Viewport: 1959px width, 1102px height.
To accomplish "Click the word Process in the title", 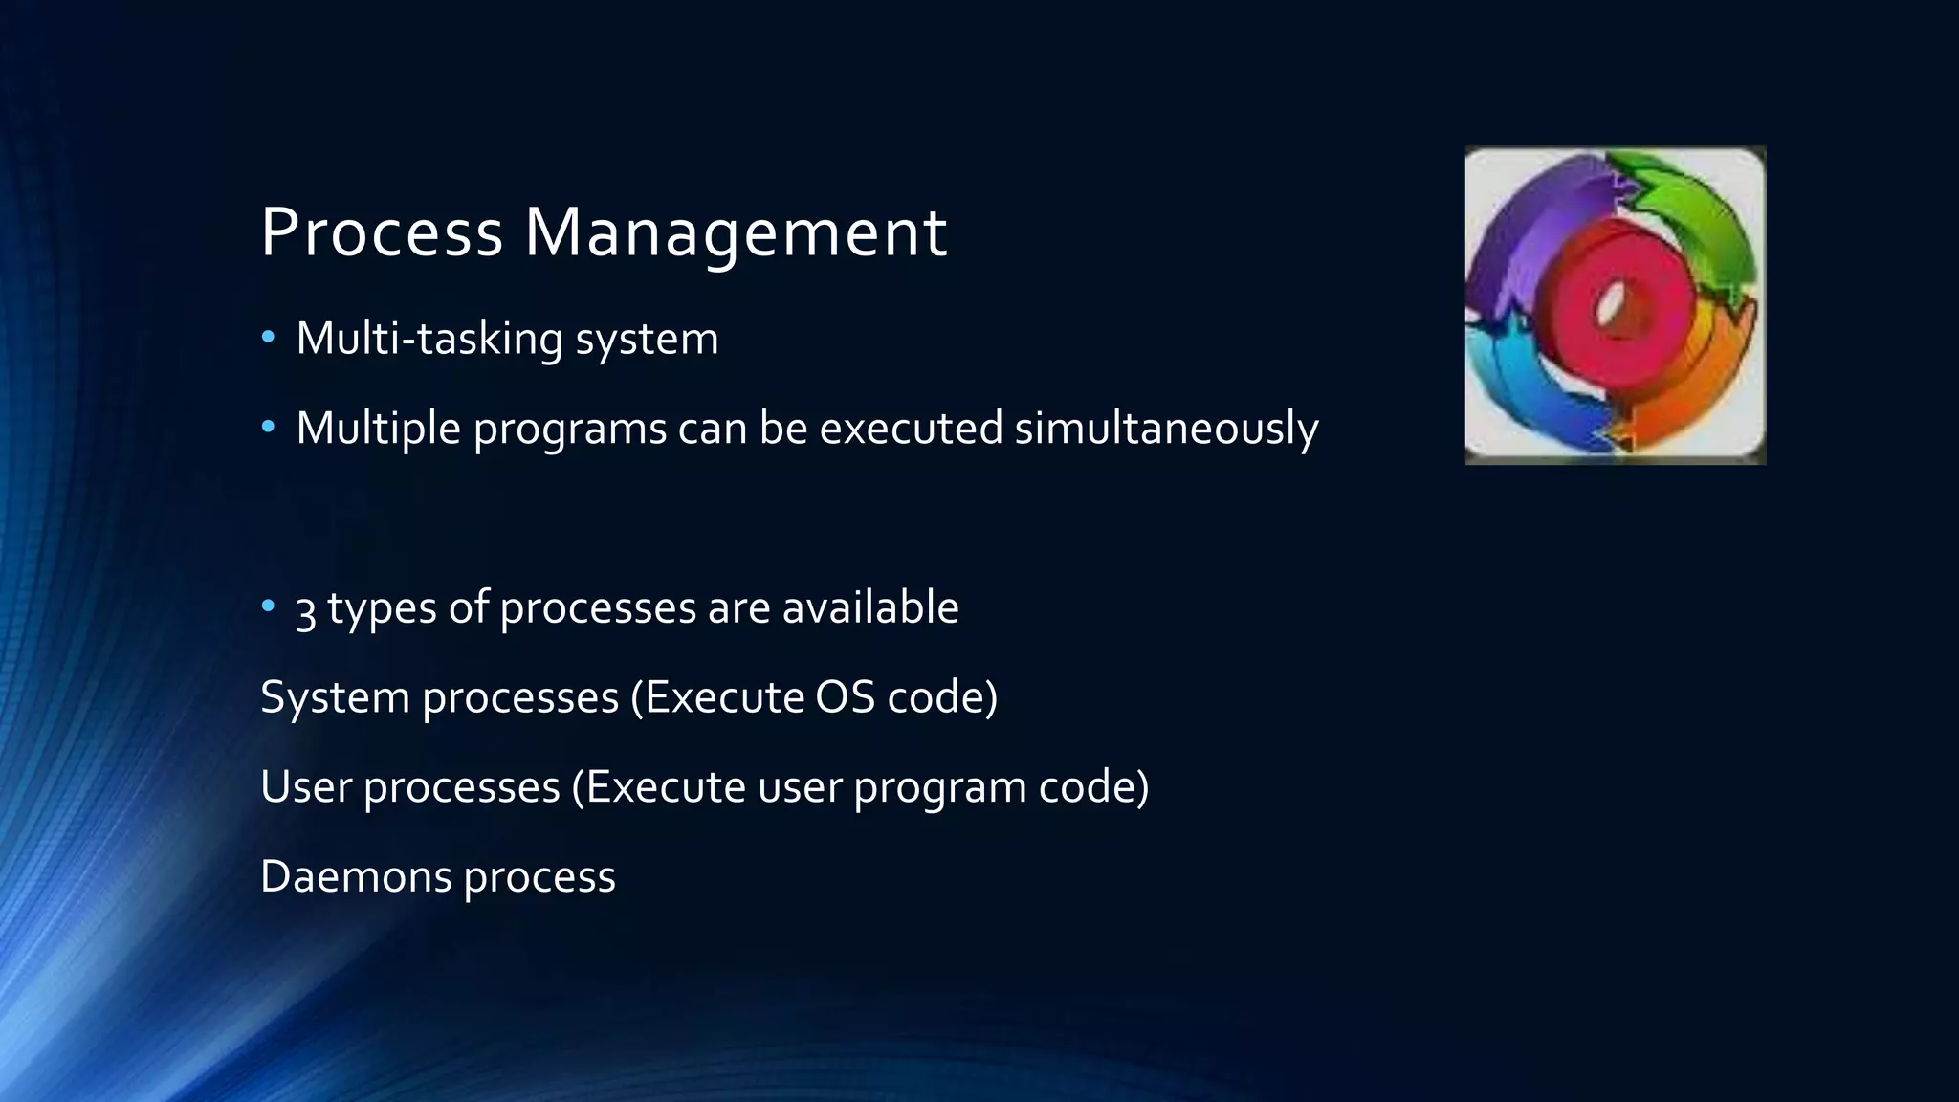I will tap(381, 232).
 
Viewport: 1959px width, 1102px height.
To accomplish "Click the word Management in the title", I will tap(736, 232).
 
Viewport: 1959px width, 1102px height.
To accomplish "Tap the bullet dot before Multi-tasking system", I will tap(268, 337).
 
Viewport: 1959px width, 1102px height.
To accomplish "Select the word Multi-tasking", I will tap(429, 339).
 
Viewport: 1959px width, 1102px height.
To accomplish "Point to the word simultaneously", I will tap(1166, 428).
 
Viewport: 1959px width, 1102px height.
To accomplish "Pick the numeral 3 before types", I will tap(305, 609).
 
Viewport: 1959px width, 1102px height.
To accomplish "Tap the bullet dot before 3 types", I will tap(268, 606).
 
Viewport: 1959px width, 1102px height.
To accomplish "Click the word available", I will tap(869, 607).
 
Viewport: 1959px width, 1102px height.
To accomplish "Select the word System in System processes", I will tap(335, 697).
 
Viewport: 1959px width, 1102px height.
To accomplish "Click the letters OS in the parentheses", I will tap(845, 697).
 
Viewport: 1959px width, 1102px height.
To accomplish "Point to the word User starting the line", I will tap(306, 786).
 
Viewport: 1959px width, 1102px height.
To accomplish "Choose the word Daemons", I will tap(356, 876).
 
